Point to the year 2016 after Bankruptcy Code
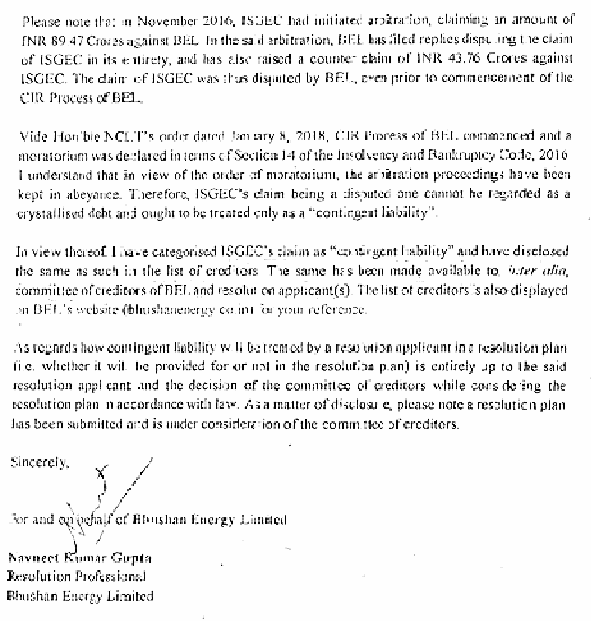point(551,150)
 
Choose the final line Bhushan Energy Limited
point(80,596)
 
